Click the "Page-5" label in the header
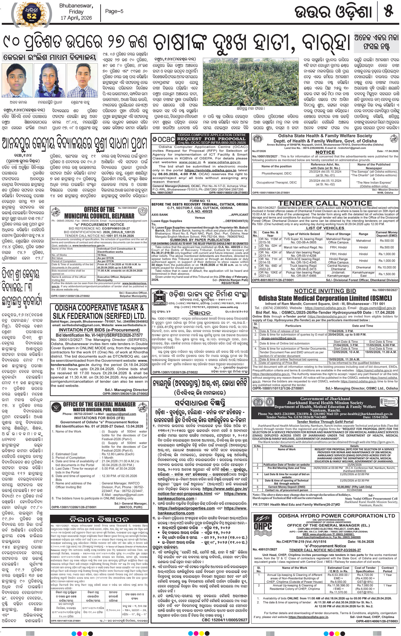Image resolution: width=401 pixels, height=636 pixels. tap(114, 11)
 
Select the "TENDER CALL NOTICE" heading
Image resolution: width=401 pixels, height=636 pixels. tap(325, 203)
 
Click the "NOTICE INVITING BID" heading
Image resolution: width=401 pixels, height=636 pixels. tap(325, 291)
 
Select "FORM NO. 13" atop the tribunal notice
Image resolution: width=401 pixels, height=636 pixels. tap(200, 201)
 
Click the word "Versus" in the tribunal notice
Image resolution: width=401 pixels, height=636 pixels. tap(200, 218)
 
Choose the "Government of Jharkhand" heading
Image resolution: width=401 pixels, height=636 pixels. tap(325, 399)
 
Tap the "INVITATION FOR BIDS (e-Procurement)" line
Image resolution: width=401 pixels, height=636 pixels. tap(99, 330)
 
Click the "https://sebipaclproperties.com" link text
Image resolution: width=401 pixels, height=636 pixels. tap(186, 508)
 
